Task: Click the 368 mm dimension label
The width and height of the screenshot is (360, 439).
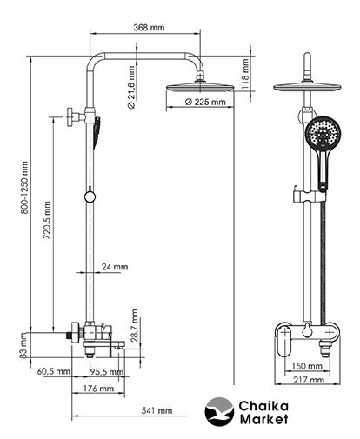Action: pyautogui.click(x=149, y=28)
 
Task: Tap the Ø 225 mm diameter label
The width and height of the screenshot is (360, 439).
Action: pyautogui.click(x=205, y=102)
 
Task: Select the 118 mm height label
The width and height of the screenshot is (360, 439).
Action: pyautogui.click(x=245, y=73)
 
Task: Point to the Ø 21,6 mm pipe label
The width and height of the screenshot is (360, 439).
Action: pyautogui.click(x=131, y=88)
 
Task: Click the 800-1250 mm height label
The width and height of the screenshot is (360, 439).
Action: pyautogui.click(x=24, y=188)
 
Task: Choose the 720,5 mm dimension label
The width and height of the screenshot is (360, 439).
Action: pyautogui.click(x=47, y=220)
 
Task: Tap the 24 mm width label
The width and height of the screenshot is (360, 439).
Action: pyautogui.click(x=115, y=267)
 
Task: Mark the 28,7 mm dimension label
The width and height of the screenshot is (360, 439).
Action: pyautogui.click(x=134, y=325)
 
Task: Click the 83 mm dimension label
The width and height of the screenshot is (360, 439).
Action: pyautogui.click(x=23, y=345)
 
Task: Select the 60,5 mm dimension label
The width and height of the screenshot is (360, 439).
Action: pyautogui.click(x=54, y=371)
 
